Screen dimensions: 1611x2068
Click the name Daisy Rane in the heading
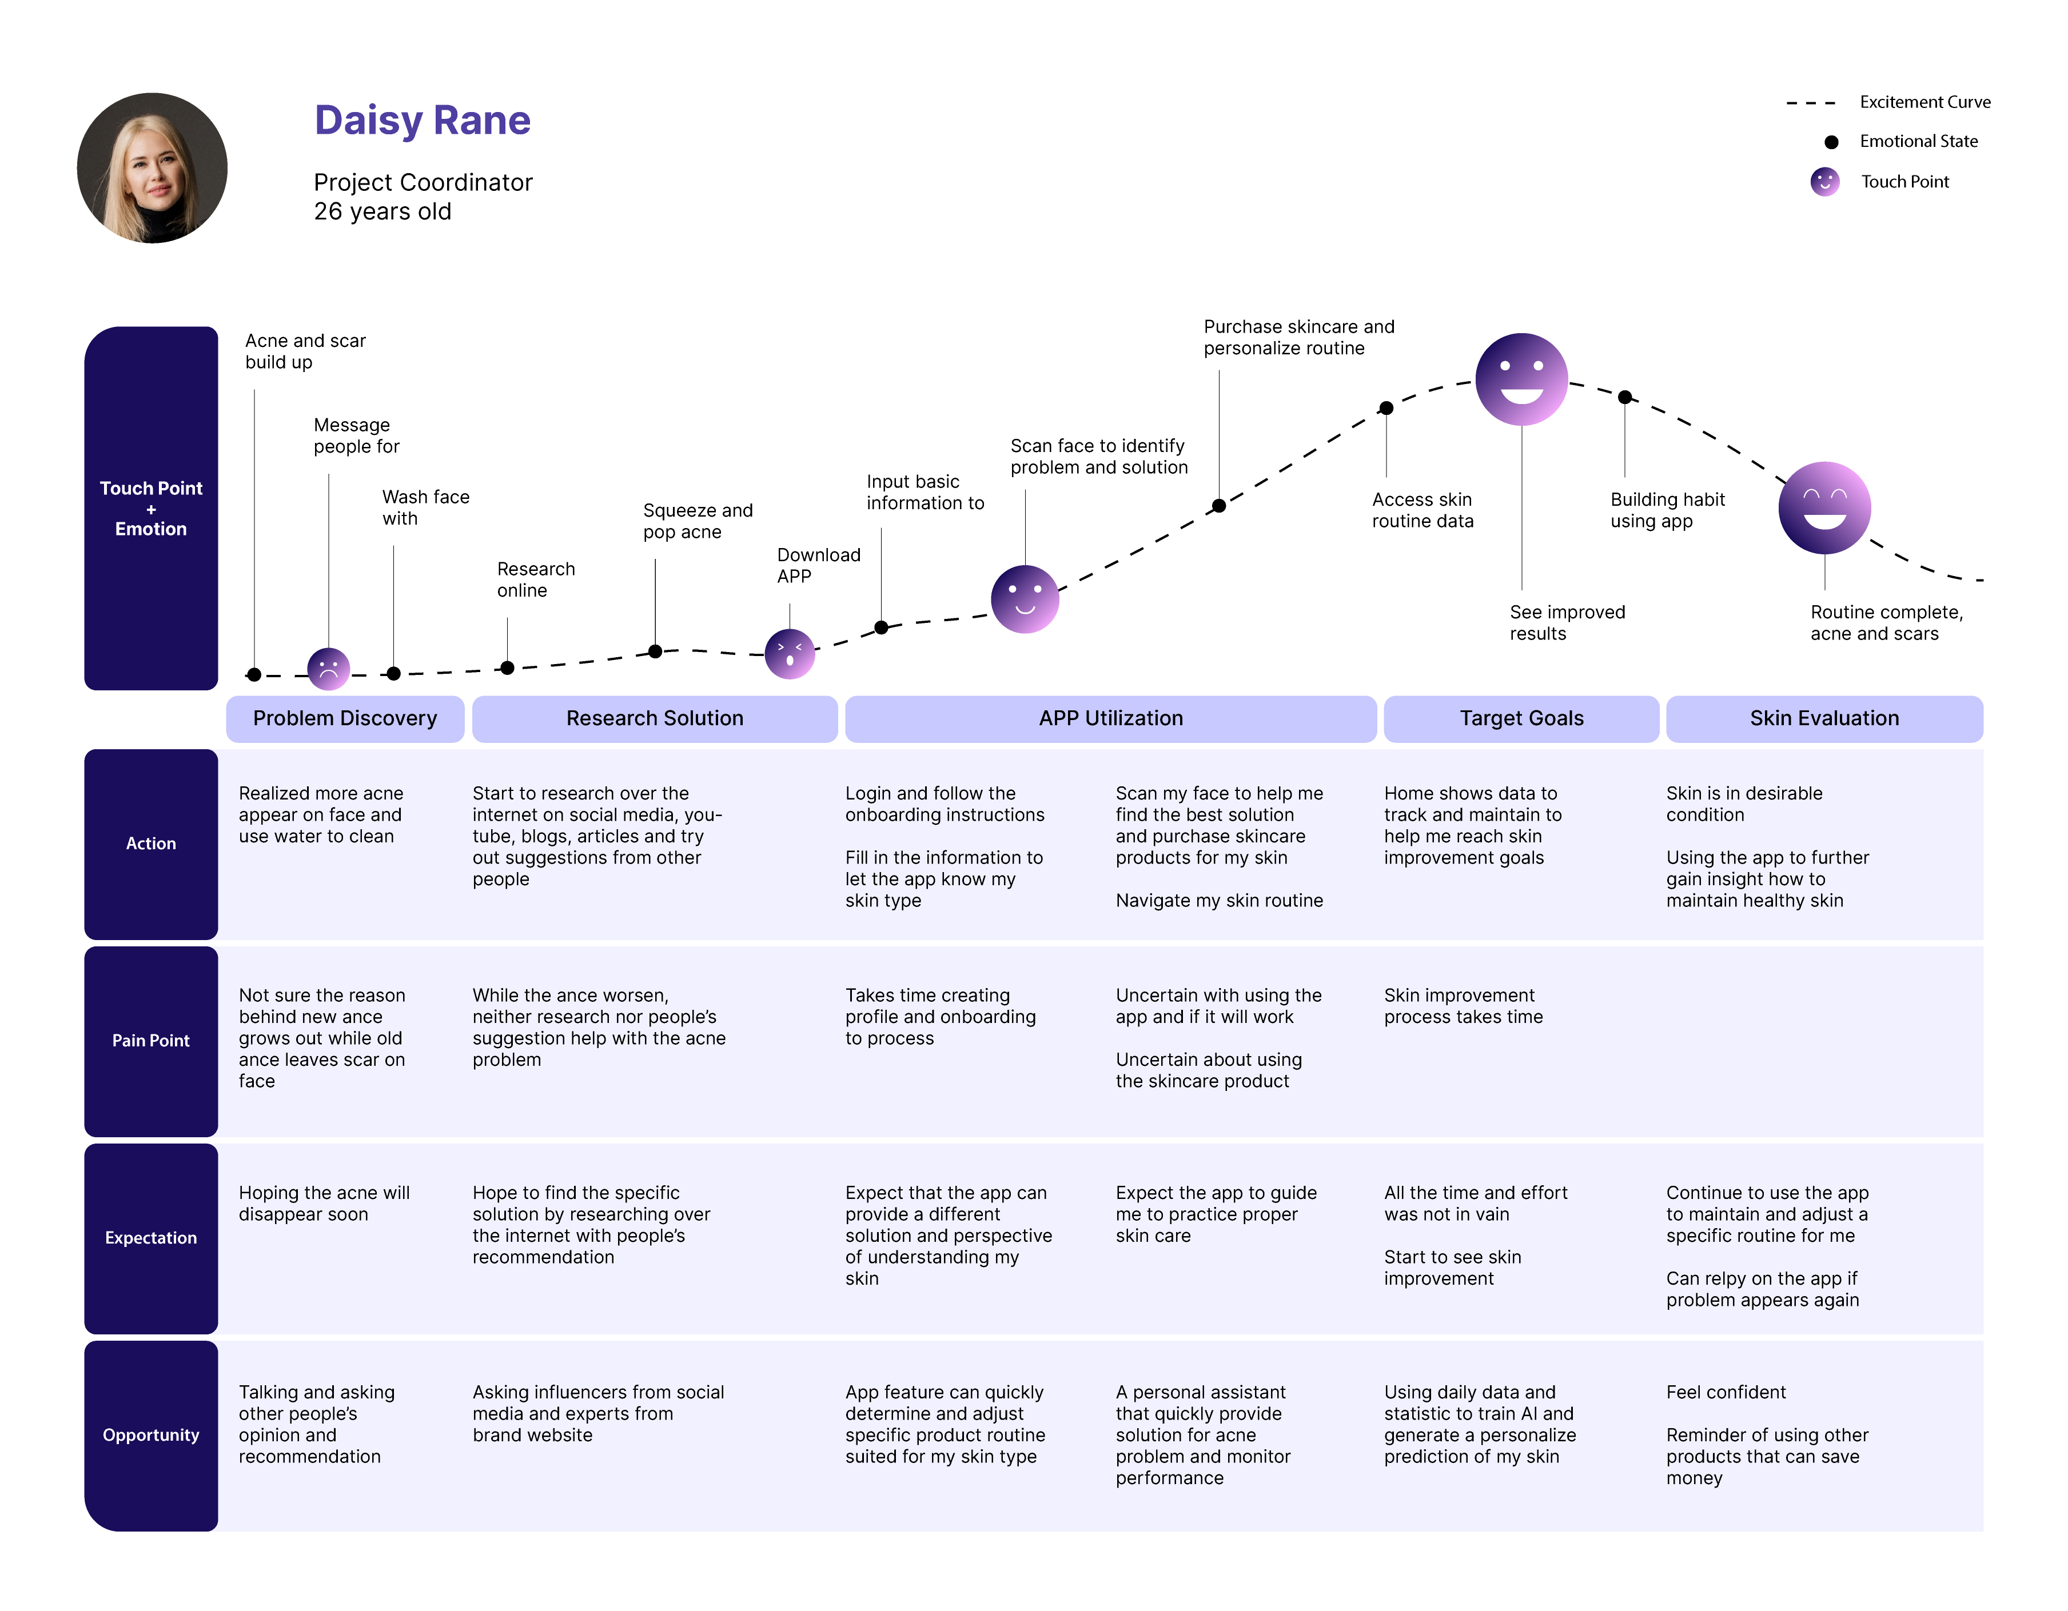point(423,120)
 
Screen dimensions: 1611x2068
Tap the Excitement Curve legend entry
point(1924,102)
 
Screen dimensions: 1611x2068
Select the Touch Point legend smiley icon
point(1824,182)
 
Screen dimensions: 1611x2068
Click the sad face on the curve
point(329,669)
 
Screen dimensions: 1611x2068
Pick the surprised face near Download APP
point(790,654)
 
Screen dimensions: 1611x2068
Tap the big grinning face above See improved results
point(1521,379)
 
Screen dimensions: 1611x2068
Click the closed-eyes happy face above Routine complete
point(1824,507)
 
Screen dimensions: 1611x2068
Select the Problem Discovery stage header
point(345,718)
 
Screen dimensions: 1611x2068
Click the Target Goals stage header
point(1521,718)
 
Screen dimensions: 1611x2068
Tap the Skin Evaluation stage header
point(1824,718)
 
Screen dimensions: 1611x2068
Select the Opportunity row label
point(150,1435)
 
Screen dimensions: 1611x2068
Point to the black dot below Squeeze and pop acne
point(655,651)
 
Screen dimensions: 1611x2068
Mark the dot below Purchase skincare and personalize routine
point(1218,505)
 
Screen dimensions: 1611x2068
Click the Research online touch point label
point(535,579)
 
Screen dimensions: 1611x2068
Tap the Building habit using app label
point(1667,510)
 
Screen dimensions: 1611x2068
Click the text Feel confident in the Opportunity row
point(1725,1392)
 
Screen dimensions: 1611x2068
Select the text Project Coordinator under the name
point(423,183)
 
